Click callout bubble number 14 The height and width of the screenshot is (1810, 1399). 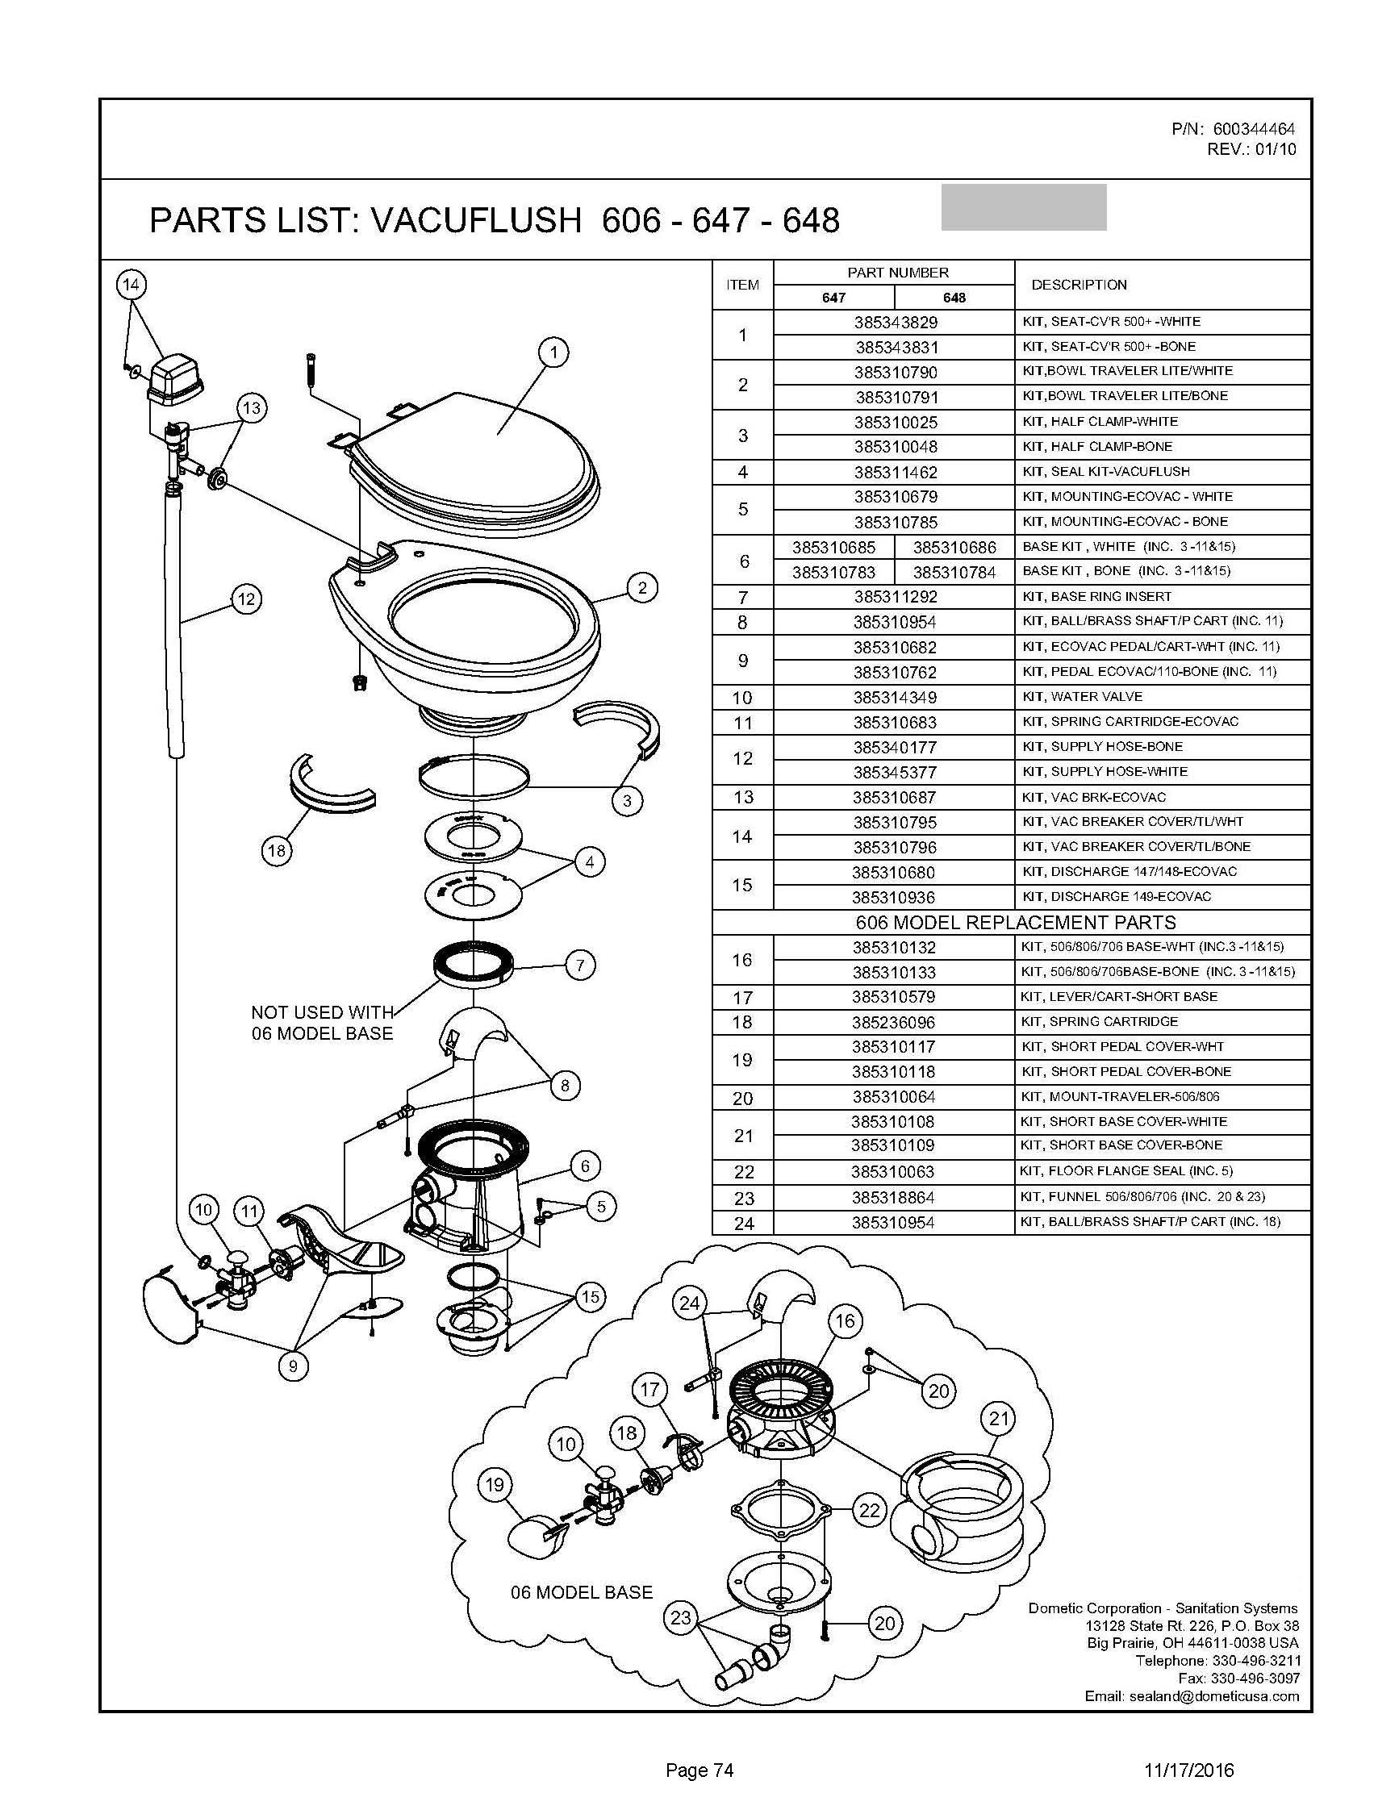(x=131, y=285)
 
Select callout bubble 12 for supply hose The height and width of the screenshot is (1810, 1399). (x=245, y=598)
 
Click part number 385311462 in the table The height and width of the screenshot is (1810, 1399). (x=895, y=473)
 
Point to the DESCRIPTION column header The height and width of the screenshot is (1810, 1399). (x=1079, y=285)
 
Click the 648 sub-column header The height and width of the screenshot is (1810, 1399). (x=954, y=298)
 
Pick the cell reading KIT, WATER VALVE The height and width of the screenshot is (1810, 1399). (x=1083, y=696)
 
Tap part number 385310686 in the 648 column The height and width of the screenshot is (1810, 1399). (x=954, y=547)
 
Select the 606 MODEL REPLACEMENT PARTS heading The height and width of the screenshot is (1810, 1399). (x=1015, y=923)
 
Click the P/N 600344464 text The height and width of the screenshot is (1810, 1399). (x=1234, y=129)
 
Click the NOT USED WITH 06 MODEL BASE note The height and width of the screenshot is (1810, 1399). (x=323, y=1023)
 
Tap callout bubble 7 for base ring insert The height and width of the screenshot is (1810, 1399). (x=579, y=965)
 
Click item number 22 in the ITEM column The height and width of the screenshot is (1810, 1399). (x=743, y=1172)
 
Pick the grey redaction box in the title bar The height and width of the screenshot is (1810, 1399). (x=1024, y=207)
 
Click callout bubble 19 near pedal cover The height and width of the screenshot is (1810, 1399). (x=495, y=1484)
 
